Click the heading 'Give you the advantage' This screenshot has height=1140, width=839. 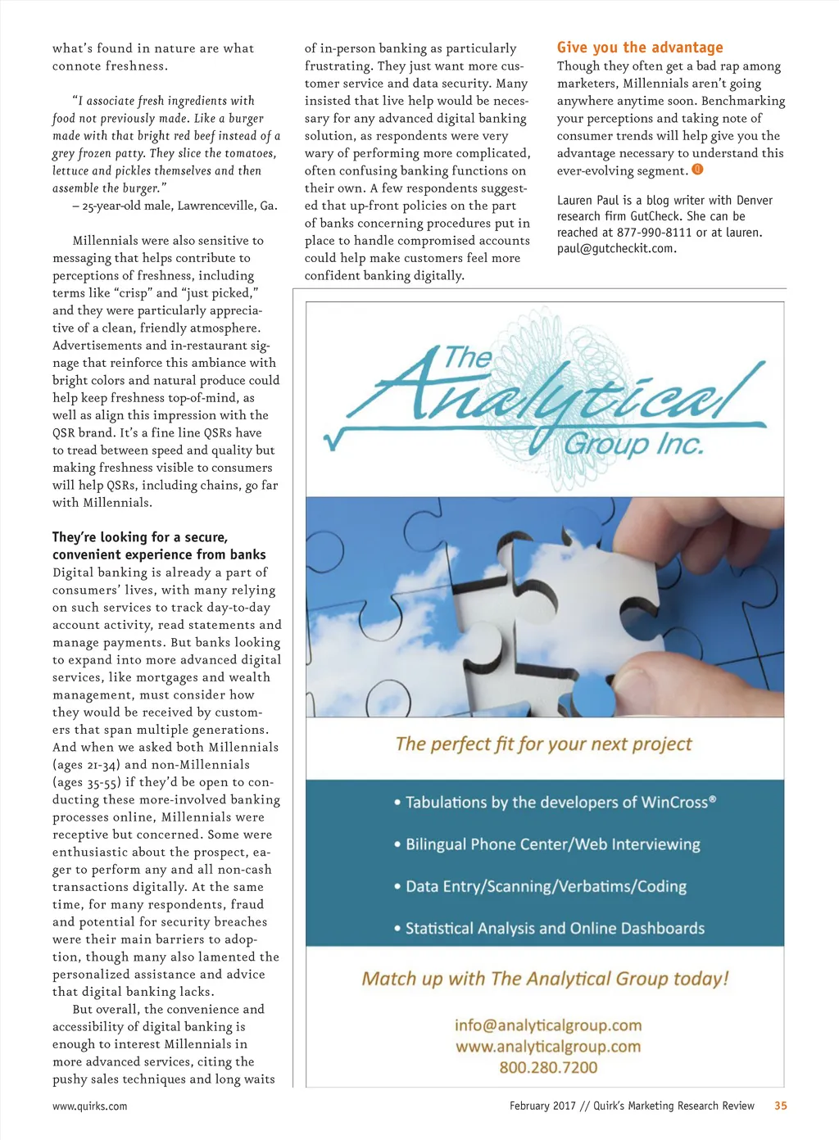pyautogui.click(x=640, y=47)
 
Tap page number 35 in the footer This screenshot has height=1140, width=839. pyautogui.click(x=780, y=1106)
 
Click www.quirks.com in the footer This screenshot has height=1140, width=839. pyautogui.click(x=90, y=1106)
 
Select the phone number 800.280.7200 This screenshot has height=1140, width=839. pyautogui.click(x=548, y=1067)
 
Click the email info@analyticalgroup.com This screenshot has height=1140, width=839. pyautogui.click(x=548, y=1025)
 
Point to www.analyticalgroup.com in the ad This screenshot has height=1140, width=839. pyautogui.click(x=548, y=1047)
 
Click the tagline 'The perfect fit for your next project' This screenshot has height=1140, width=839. pyautogui.click(x=543, y=744)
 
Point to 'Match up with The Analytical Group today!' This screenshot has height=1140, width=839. pyautogui.click(x=545, y=979)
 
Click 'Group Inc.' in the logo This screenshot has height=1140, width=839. pyautogui.click(x=633, y=444)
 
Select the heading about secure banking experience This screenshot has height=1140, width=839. pyautogui.click(x=159, y=545)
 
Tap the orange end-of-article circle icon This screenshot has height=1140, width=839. pyautogui.click(x=697, y=170)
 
